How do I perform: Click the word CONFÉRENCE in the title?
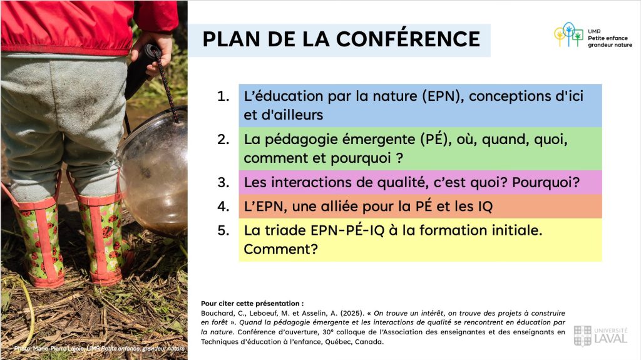click(x=408, y=38)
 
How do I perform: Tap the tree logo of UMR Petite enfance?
click(x=568, y=34)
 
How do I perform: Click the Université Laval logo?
click(x=600, y=336)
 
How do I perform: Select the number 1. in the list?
click(x=223, y=96)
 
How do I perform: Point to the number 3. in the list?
click(x=223, y=182)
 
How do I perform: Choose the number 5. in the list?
click(x=223, y=230)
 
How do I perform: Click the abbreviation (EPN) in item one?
click(x=443, y=96)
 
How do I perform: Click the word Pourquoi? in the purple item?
click(x=546, y=182)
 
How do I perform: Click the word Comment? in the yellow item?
click(x=281, y=249)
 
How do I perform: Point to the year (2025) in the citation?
click(x=352, y=314)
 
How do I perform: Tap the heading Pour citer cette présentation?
click(x=252, y=304)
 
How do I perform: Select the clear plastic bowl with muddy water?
click(x=153, y=172)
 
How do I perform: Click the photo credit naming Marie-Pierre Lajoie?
click(x=100, y=349)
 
